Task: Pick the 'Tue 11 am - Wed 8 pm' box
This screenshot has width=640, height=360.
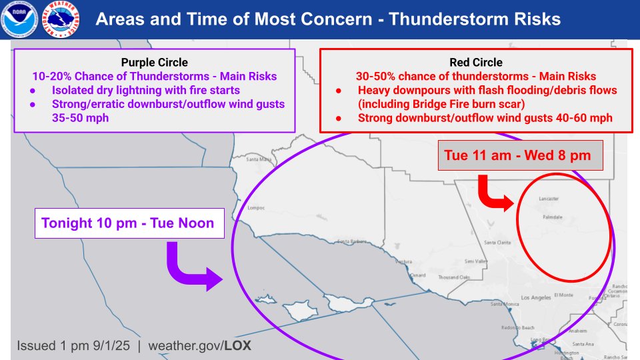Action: [521, 158]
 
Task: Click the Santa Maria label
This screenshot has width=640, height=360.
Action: [260, 160]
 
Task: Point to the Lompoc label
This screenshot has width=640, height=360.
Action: [256, 207]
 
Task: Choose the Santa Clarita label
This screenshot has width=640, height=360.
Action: [498, 243]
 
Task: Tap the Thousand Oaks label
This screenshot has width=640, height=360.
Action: [454, 277]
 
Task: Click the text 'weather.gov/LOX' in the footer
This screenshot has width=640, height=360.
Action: [199, 347]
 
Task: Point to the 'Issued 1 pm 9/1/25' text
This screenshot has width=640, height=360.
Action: [75, 347]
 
